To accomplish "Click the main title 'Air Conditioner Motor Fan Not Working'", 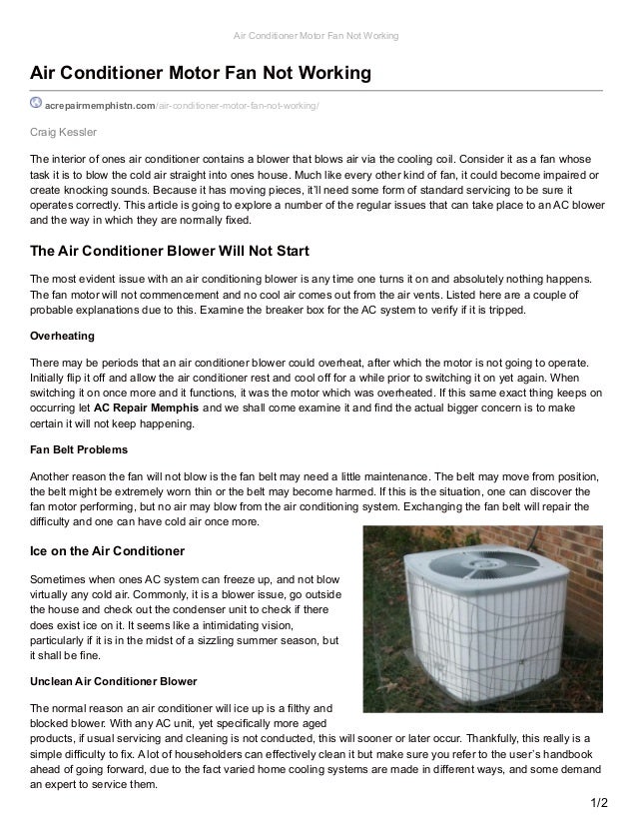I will pyautogui.click(x=201, y=74).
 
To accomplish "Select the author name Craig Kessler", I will pyautogui.click(x=62, y=132).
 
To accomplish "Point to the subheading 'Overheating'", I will pyautogui.click(x=61, y=335).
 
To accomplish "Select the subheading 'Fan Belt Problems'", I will pyautogui.click(x=79, y=450).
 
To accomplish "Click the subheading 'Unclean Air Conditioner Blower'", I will pyautogui.click(x=119, y=681).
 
